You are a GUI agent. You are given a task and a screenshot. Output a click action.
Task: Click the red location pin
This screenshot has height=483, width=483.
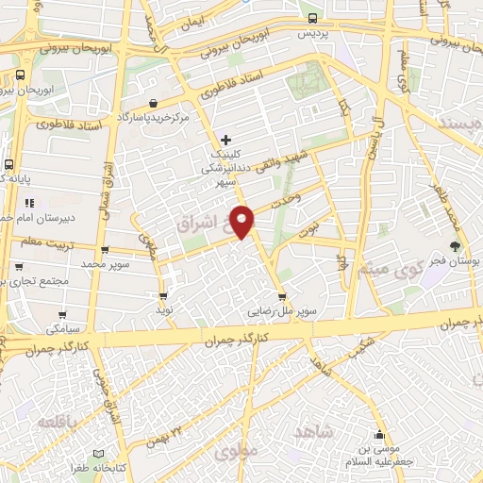[x=242, y=221]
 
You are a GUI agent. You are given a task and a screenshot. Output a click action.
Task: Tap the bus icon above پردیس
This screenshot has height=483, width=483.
[x=313, y=18]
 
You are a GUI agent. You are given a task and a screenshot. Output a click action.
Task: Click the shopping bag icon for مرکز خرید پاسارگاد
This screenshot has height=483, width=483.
[x=153, y=103]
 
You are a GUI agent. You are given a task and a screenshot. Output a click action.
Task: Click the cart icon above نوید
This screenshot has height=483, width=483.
[x=163, y=295]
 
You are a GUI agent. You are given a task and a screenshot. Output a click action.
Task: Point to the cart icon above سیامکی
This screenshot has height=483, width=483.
[x=63, y=316]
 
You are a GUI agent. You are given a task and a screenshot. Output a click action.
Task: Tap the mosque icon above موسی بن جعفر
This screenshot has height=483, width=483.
[x=379, y=435]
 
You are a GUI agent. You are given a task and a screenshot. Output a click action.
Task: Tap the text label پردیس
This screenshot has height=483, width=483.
[x=315, y=33]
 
